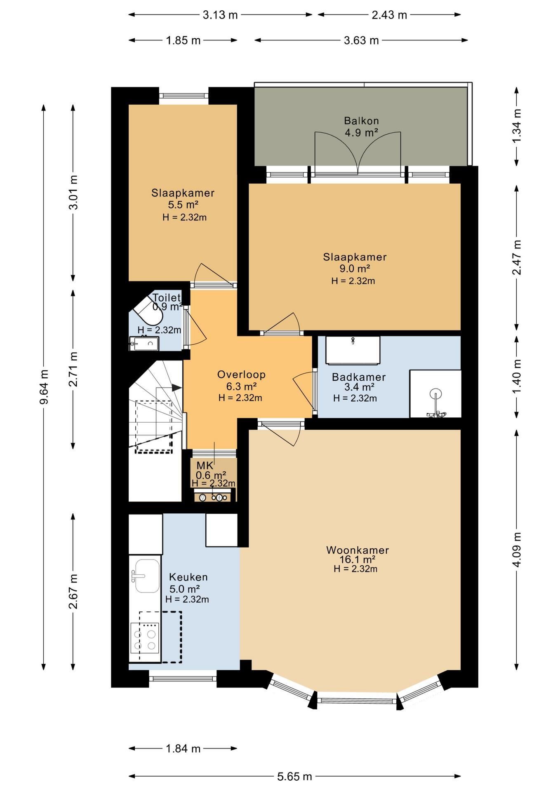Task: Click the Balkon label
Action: coord(361,121)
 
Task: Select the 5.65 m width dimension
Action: coord(294,777)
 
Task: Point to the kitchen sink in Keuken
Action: coord(145,576)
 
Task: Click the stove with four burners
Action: coord(144,638)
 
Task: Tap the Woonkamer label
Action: coord(358,550)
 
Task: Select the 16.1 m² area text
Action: coord(357,559)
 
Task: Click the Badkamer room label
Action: coord(359,377)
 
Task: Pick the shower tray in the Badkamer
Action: coord(435,393)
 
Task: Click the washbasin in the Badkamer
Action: coord(353,350)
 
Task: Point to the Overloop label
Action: coord(241,374)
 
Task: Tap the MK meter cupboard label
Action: coord(205,466)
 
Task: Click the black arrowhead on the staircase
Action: coord(176,388)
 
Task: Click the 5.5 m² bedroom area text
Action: coord(184,204)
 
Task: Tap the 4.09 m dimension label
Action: coord(517,550)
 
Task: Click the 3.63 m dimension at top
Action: coord(361,40)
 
